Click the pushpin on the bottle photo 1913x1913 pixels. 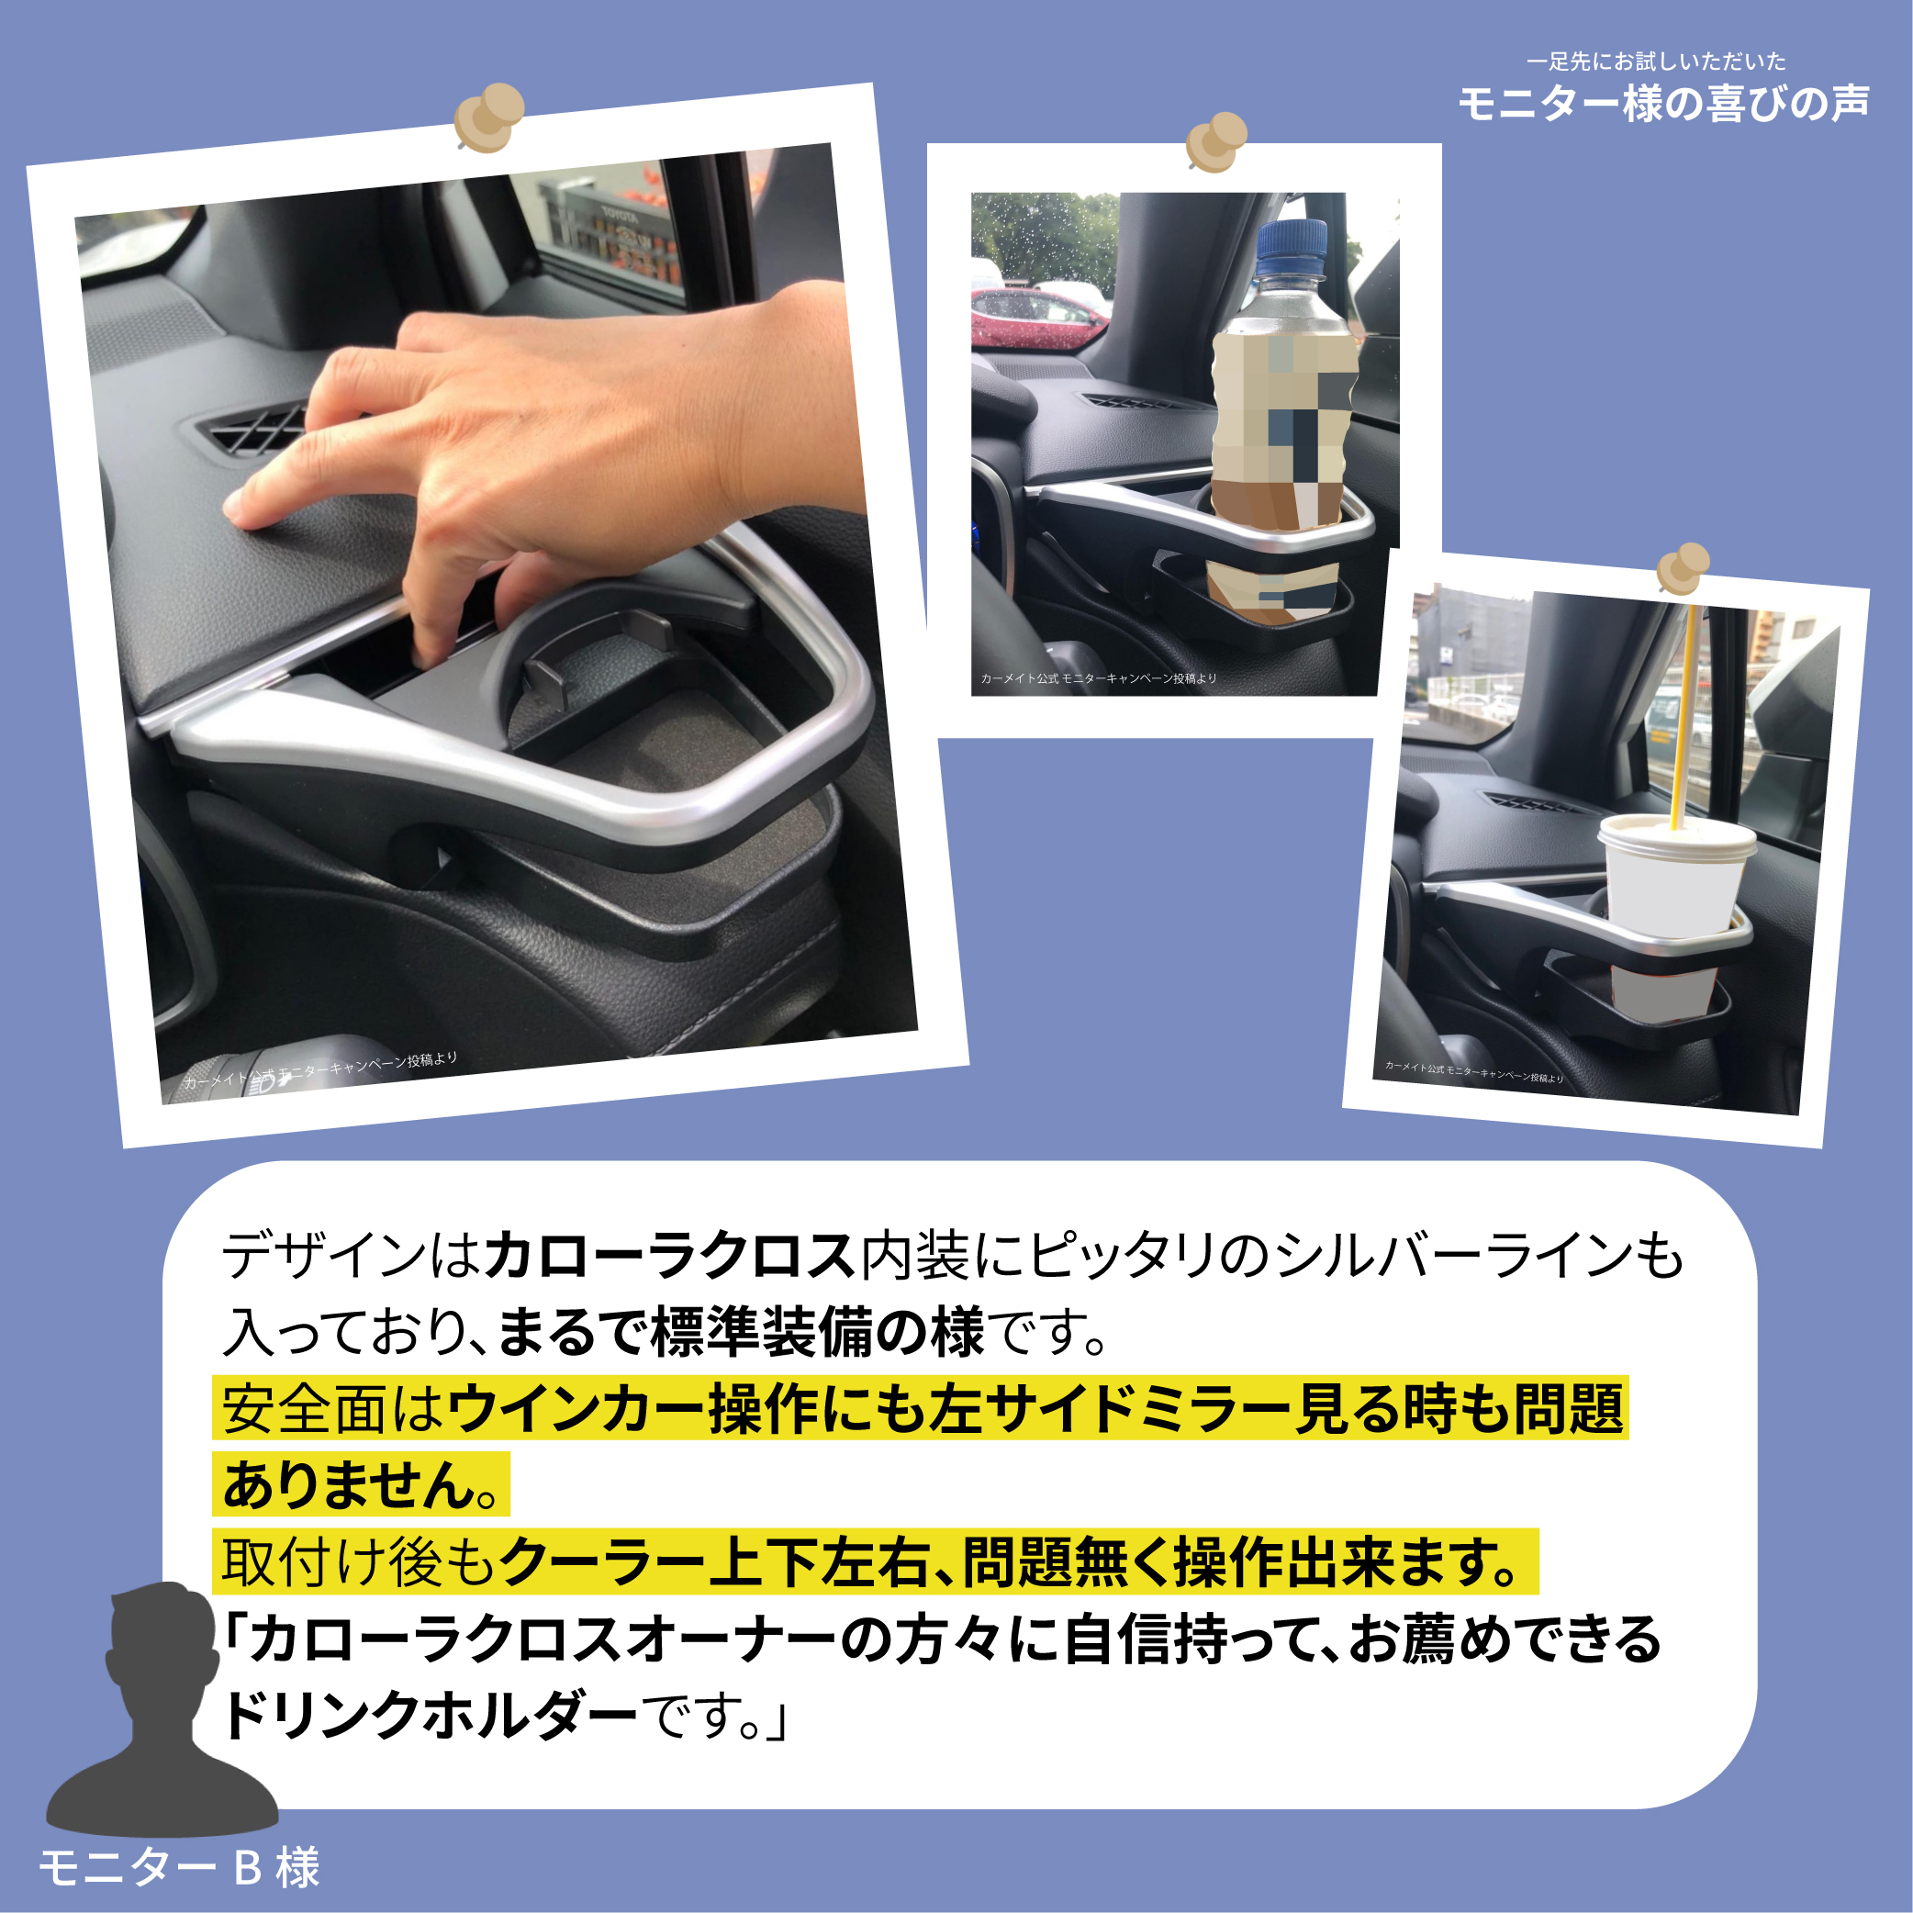[x=1217, y=141]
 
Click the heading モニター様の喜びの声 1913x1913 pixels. [x=1663, y=103]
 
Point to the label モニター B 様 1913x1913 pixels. [x=179, y=1867]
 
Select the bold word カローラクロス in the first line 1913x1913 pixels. [x=669, y=1256]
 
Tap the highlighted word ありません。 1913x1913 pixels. [x=361, y=1485]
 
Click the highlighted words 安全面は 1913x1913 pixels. [x=332, y=1408]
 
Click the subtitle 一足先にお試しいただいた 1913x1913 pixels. [x=1656, y=62]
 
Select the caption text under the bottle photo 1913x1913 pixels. [x=1098, y=678]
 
